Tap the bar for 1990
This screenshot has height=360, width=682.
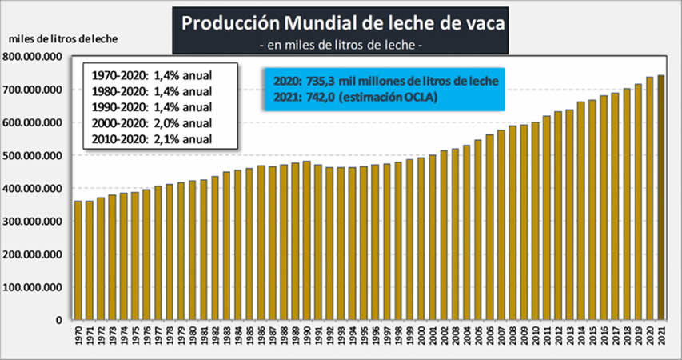click(306, 241)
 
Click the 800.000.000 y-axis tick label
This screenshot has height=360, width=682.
click(33, 57)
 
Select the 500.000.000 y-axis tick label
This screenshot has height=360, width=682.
click(33, 155)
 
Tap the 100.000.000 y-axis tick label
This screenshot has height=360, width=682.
click(33, 286)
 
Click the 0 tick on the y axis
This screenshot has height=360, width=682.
click(58, 319)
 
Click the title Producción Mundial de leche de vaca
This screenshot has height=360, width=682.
click(343, 23)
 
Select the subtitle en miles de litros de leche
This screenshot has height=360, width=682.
click(343, 46)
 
